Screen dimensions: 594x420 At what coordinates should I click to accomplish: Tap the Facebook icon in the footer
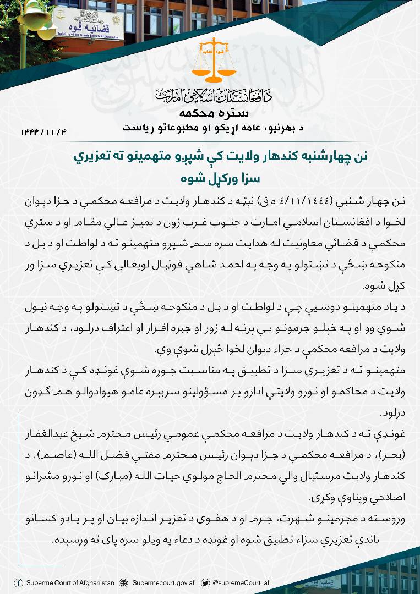[19, 583]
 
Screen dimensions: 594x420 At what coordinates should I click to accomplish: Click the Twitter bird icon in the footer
[205, 583]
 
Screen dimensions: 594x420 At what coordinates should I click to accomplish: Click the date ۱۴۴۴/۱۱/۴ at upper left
[45, 132]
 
